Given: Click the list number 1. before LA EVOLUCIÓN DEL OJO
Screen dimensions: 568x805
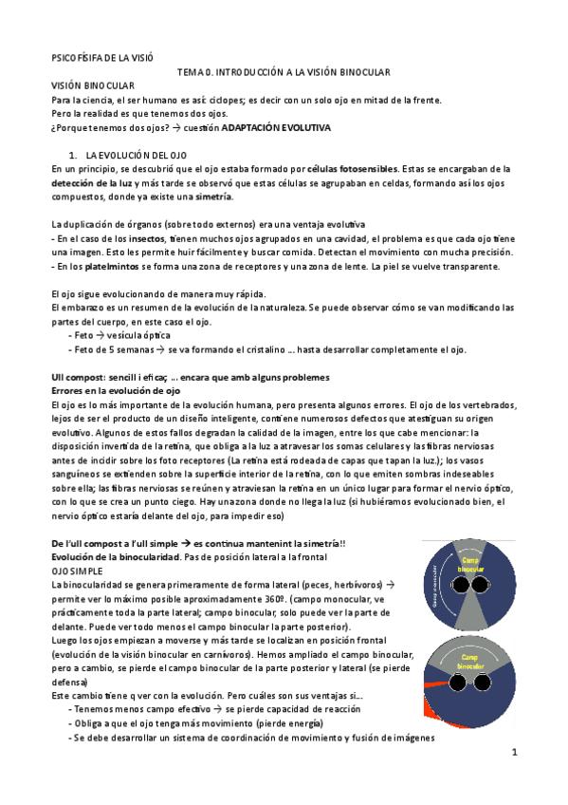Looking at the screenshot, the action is click(73, 155).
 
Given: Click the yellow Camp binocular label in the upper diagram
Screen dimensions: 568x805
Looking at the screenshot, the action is click(470, 564).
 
